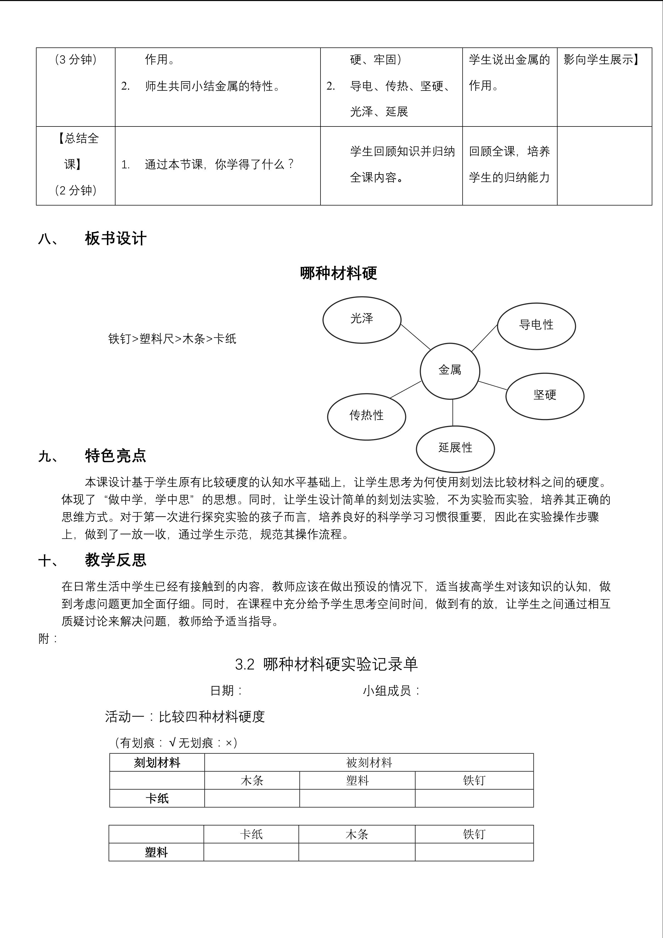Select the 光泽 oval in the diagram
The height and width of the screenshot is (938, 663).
click(362, 320)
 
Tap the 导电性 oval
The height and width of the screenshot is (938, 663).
click(536, 326)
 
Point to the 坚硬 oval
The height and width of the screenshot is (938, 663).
click(545, 396)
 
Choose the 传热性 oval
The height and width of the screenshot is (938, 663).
click(366, 416)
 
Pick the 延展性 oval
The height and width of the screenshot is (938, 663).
click(455, 449)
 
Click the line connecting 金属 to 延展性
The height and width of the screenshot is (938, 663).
click(453, 413)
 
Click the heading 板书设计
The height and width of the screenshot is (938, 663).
click(116, 238)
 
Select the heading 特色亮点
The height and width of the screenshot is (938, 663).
click(116, 455)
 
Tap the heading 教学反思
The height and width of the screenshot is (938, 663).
click(116, 560)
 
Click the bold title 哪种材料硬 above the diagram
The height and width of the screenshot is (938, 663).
click(338, 273)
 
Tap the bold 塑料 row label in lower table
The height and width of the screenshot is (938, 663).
click(156, 853)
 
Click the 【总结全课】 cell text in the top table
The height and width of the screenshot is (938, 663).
click(76, 151)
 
